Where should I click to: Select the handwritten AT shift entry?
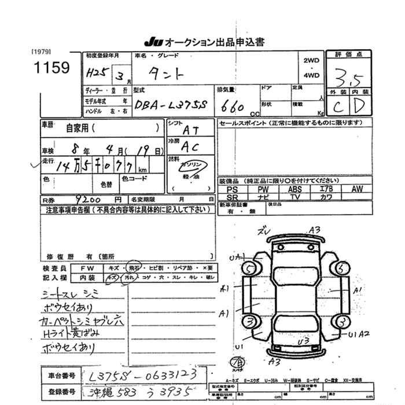(189, 132)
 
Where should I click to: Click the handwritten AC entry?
(189, 148)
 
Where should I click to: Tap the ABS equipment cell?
(294, 189)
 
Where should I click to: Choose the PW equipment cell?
(263, 189)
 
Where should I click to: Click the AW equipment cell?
(357, 189)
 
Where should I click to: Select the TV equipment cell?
(294, 197)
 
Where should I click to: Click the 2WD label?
(311, 60)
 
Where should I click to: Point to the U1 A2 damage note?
(359, 334)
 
